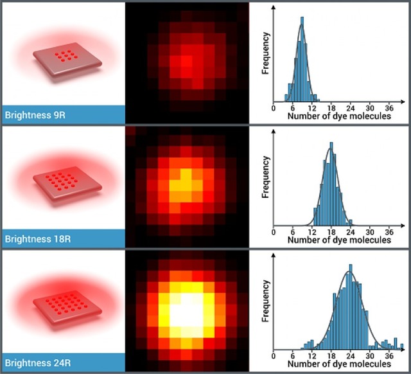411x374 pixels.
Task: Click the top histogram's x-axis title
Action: coord(338,117)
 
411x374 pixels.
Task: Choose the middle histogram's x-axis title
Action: coord(338,240)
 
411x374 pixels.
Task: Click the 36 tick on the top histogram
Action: coord(389,108)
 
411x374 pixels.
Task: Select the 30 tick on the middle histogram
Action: coord(370,231)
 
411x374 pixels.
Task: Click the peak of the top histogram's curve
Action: coord(302,26)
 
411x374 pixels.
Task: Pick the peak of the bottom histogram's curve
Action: coord(349,271)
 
